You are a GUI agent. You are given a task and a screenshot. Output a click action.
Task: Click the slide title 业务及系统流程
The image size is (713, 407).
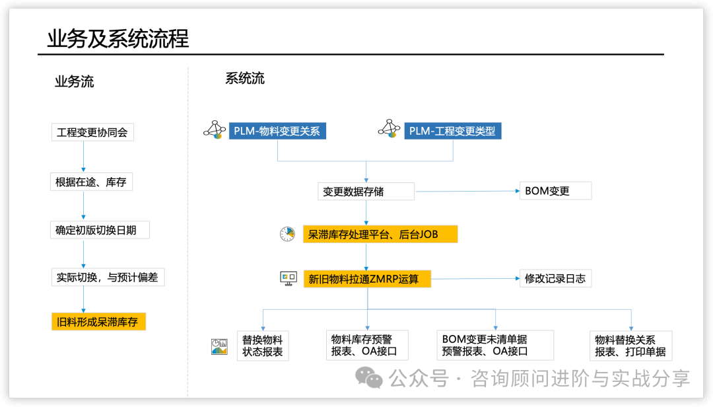(118, 38)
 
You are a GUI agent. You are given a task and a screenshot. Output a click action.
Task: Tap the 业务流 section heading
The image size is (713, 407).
(74, 82)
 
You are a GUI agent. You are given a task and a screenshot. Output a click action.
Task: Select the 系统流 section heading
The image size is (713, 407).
(245, 79)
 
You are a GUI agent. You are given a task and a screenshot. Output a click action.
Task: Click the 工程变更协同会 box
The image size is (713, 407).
(92, 132)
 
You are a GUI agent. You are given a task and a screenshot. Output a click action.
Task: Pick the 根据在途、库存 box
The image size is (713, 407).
(91, 182)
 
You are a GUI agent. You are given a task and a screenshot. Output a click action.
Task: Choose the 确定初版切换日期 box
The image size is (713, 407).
(100, 231)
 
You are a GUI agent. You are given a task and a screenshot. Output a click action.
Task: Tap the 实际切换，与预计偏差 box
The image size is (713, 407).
(107, 277)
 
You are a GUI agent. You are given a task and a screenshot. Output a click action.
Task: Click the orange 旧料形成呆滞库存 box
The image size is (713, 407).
(98, 322)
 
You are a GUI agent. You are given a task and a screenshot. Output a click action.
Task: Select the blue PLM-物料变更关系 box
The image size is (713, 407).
(277, 131)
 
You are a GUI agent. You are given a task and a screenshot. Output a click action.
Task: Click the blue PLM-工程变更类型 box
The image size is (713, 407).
(452, 131)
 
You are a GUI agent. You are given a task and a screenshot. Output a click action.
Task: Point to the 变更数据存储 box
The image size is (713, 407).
(366, 192)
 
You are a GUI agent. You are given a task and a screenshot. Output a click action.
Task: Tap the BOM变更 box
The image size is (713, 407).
(555, 192)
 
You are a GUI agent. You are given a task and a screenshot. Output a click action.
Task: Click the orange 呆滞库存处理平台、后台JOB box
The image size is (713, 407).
(380, 234)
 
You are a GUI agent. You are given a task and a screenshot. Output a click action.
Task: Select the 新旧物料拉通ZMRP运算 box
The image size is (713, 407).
(366, 279)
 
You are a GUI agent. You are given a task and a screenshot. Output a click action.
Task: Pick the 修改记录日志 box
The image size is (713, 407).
(555, 278)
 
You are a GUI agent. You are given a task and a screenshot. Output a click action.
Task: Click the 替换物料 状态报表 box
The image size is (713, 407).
(263, 346)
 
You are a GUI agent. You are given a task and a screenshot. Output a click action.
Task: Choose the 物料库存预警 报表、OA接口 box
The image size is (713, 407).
(367, 346)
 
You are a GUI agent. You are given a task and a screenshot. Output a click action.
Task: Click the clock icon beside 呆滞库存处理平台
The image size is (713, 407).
(287, 234)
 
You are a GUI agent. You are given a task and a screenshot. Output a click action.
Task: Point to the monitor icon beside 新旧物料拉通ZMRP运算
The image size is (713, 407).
(288, 278)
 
